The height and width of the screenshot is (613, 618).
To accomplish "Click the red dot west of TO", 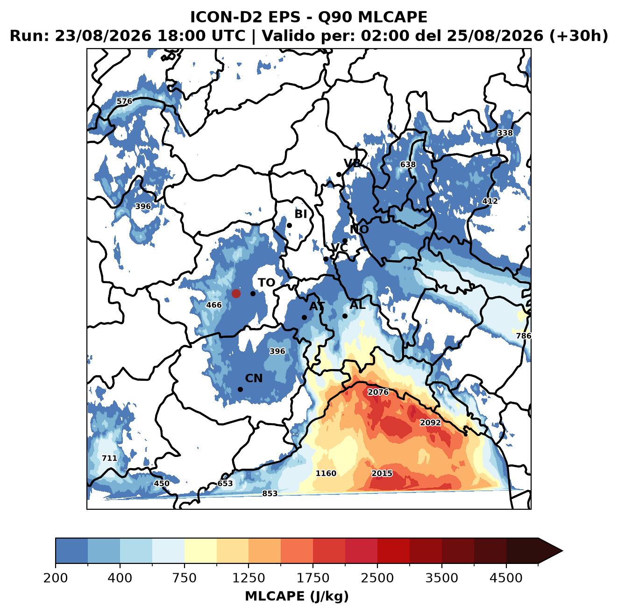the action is [236, 293].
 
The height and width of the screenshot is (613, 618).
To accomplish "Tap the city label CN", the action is [254, 378].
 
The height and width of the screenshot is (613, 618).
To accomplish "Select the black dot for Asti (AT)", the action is [304, 317].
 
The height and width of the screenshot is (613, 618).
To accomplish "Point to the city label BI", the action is [301, 214].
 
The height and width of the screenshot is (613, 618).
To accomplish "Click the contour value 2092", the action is [430, 422].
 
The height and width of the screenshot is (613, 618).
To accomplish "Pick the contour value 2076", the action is [378, 392].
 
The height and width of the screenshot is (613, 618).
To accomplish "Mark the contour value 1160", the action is [326, 473].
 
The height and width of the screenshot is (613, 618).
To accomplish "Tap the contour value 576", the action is [124, 101].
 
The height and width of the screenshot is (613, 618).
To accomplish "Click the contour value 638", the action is [408, 164].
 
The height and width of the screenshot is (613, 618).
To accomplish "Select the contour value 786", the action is [523, 336].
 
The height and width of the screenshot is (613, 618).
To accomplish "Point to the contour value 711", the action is [109, 458].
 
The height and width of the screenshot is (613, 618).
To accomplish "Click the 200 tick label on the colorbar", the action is [56, 578].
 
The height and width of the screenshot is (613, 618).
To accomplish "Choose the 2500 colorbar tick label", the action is [377, 578].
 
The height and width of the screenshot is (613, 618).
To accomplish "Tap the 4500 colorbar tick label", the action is [506, 578].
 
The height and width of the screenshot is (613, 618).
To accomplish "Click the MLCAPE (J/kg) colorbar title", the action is [297, 596].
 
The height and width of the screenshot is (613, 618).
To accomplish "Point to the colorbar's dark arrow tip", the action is [562, 551].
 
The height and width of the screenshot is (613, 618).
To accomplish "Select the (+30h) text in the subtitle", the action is [579, 36].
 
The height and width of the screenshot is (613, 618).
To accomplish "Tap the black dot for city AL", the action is [345, 316].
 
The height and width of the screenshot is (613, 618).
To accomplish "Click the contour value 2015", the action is [382, 473].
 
